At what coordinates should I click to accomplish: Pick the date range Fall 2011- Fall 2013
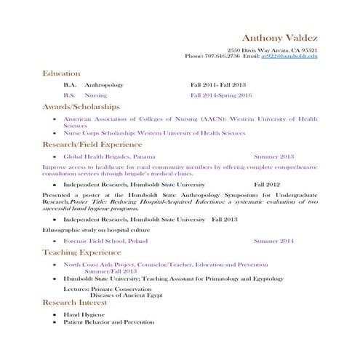click(218, 84)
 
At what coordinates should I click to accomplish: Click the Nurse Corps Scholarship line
click(154, 133)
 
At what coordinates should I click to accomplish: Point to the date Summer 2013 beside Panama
click(273, 156)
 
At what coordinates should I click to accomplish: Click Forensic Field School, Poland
click(105, 241)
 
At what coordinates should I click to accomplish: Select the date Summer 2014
click(273, 241)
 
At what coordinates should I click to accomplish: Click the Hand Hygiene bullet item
click(81, 313)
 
